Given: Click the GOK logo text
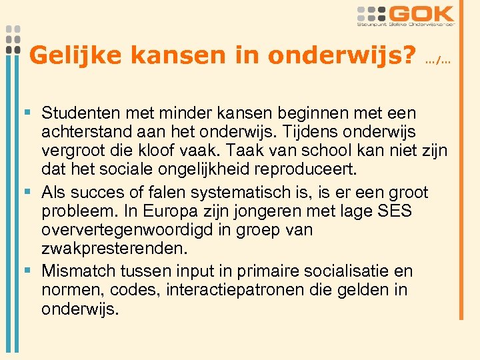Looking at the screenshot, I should coord(423,14).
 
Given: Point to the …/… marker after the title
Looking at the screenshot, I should coord(438,61).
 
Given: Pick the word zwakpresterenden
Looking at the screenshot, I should coord(113,249).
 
